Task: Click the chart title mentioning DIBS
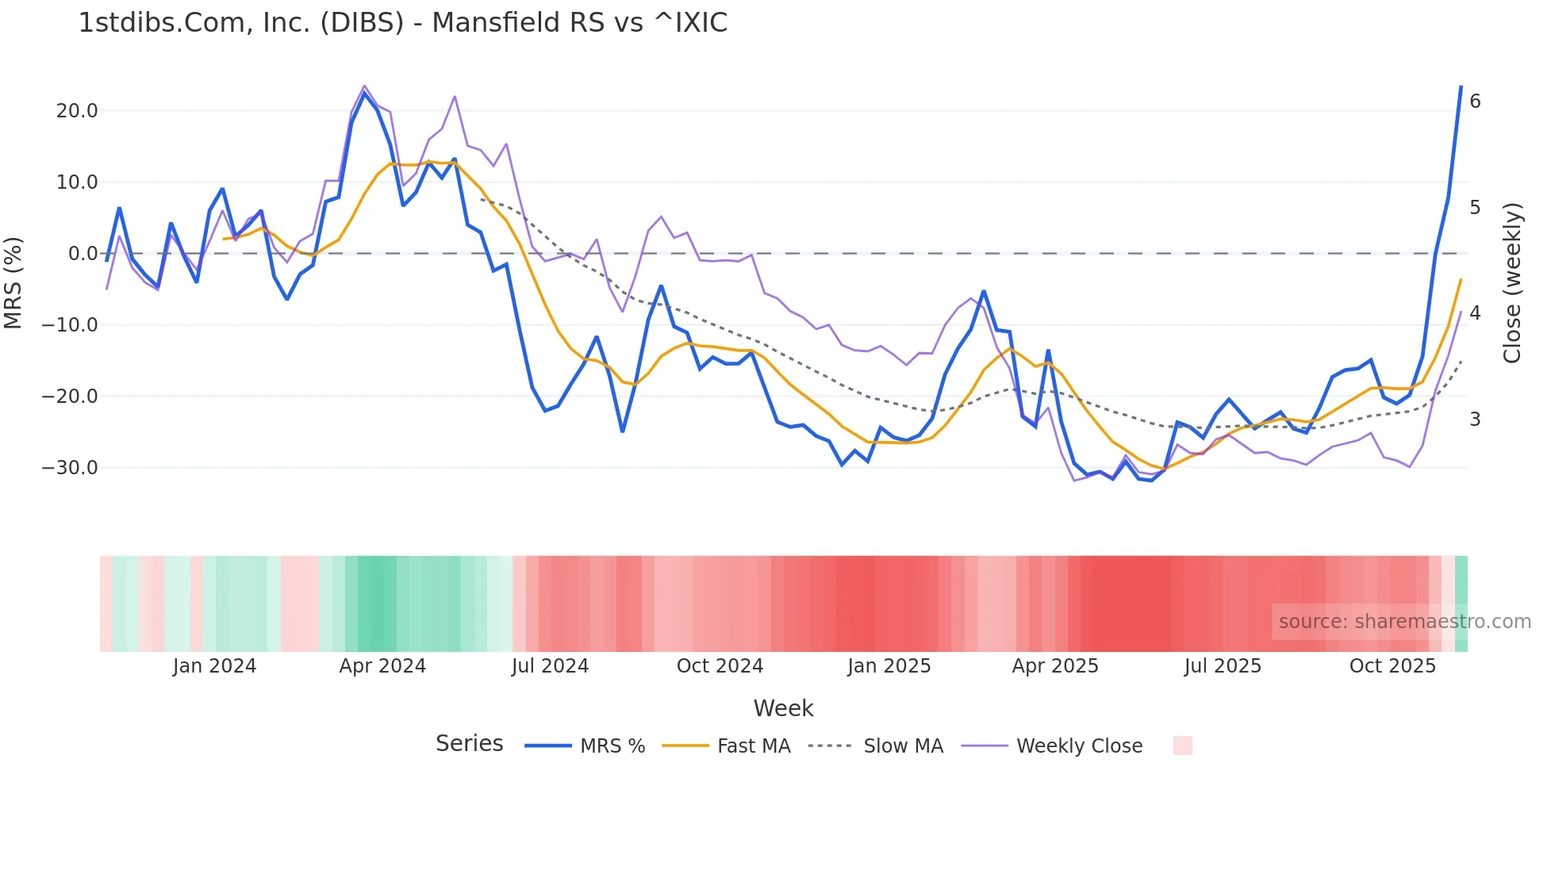click(402, 23)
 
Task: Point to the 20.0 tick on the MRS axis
click(77, 111)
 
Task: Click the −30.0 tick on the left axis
click(70, 468)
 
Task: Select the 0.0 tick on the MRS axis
click(83, 254)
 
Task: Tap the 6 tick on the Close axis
click(1475, 102)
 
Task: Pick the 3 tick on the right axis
click(1475, 420)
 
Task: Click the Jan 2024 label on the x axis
click(214, 666)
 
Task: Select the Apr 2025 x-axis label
click(1055, 666)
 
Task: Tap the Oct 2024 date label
click(720, 666)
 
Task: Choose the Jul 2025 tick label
click(1223, 666)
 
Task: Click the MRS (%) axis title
click(13, 282)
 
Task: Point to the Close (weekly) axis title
click(1513, 283)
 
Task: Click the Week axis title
click(783, 708)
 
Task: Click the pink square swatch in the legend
click(1182, 746)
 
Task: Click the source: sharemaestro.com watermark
click(1404, 622)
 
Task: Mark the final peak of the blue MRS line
click(1461, 86)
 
